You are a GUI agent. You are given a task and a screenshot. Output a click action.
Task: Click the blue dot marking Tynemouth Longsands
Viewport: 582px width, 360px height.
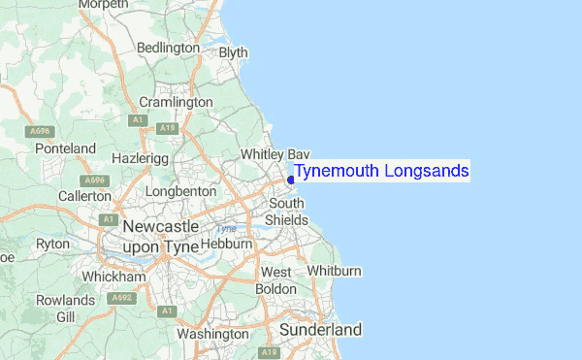point(291,180)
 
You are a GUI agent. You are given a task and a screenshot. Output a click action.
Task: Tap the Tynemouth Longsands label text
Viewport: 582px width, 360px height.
point(381,172)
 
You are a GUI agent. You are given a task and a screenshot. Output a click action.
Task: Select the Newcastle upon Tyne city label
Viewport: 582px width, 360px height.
point(162,236)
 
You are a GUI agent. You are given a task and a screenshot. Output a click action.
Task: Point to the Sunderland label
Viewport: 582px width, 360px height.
point(320,330)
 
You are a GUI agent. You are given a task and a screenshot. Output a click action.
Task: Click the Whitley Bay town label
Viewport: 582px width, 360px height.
point(275,154)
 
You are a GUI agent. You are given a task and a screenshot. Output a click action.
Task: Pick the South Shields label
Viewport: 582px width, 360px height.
point(287,212)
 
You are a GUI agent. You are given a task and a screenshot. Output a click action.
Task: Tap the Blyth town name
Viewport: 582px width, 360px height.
point(234,52)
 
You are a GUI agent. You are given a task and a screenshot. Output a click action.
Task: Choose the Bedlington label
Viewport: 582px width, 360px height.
point(168,48)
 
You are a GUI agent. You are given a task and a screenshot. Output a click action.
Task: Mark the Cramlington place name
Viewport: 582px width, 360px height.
point(176,102)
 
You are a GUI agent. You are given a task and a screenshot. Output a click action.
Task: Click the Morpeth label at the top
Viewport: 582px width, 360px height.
point(102,5)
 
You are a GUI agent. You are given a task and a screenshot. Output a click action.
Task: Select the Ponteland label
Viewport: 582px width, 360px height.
point(65,148)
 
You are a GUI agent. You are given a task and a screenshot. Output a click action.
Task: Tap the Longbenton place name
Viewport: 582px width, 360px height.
point(180,192)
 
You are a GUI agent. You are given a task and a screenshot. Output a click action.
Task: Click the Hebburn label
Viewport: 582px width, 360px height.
point(226,245)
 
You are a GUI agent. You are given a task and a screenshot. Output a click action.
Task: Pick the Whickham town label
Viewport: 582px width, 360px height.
point(114,277)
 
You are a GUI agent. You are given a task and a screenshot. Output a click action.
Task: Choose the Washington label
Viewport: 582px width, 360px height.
point(213,334)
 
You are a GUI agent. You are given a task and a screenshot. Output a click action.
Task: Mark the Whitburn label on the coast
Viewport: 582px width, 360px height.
point(335,270)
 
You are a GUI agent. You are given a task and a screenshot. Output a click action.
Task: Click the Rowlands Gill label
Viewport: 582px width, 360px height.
point(66,309)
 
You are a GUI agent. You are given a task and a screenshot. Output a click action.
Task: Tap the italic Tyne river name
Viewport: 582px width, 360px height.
point(225,229)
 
